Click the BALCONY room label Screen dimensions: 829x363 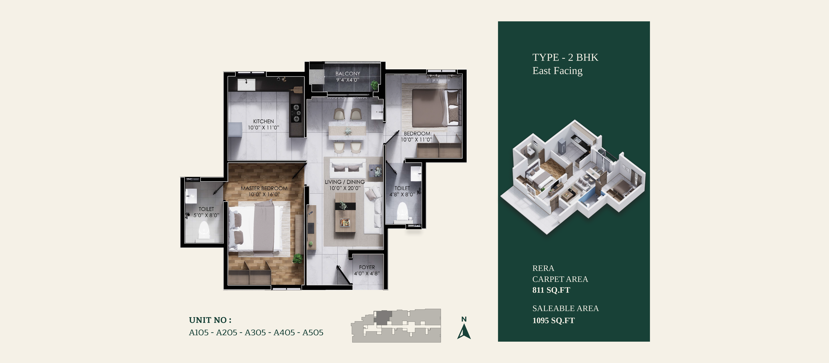[348, 74]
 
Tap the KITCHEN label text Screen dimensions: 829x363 [264, 121]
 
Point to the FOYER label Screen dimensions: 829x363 [367, 267]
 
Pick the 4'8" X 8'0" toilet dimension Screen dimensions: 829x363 [402, 194]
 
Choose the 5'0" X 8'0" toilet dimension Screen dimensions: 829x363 [206, 215]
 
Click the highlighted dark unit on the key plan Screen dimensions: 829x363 [383, 317]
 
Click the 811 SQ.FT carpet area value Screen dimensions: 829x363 [551, 290]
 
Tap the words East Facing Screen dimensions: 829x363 [557, 71]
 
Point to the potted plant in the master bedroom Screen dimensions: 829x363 [298, 259]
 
